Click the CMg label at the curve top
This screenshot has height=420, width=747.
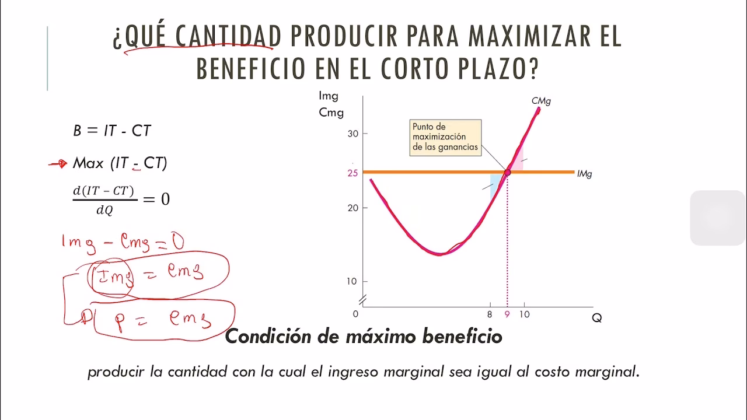click(541, 101)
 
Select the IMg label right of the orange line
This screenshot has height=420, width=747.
click(584, 174)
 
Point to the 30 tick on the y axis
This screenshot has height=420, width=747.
click(352, 134)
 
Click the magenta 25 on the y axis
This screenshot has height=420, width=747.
click(352, 173)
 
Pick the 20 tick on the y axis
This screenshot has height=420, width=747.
click(352, 208)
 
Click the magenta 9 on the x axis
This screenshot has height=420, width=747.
click(507, 314)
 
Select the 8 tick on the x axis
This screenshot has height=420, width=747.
click(490, 314)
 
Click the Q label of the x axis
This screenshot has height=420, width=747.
click(596, 318)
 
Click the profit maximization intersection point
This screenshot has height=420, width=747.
click(507, 172)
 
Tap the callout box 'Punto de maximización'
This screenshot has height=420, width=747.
click(445, 137)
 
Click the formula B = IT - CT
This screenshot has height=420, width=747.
click(112, 131)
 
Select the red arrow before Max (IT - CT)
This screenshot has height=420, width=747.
click(58, 164)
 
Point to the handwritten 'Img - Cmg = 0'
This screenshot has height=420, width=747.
click(122, 241)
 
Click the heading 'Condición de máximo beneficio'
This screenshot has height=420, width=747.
click(363, 337)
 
